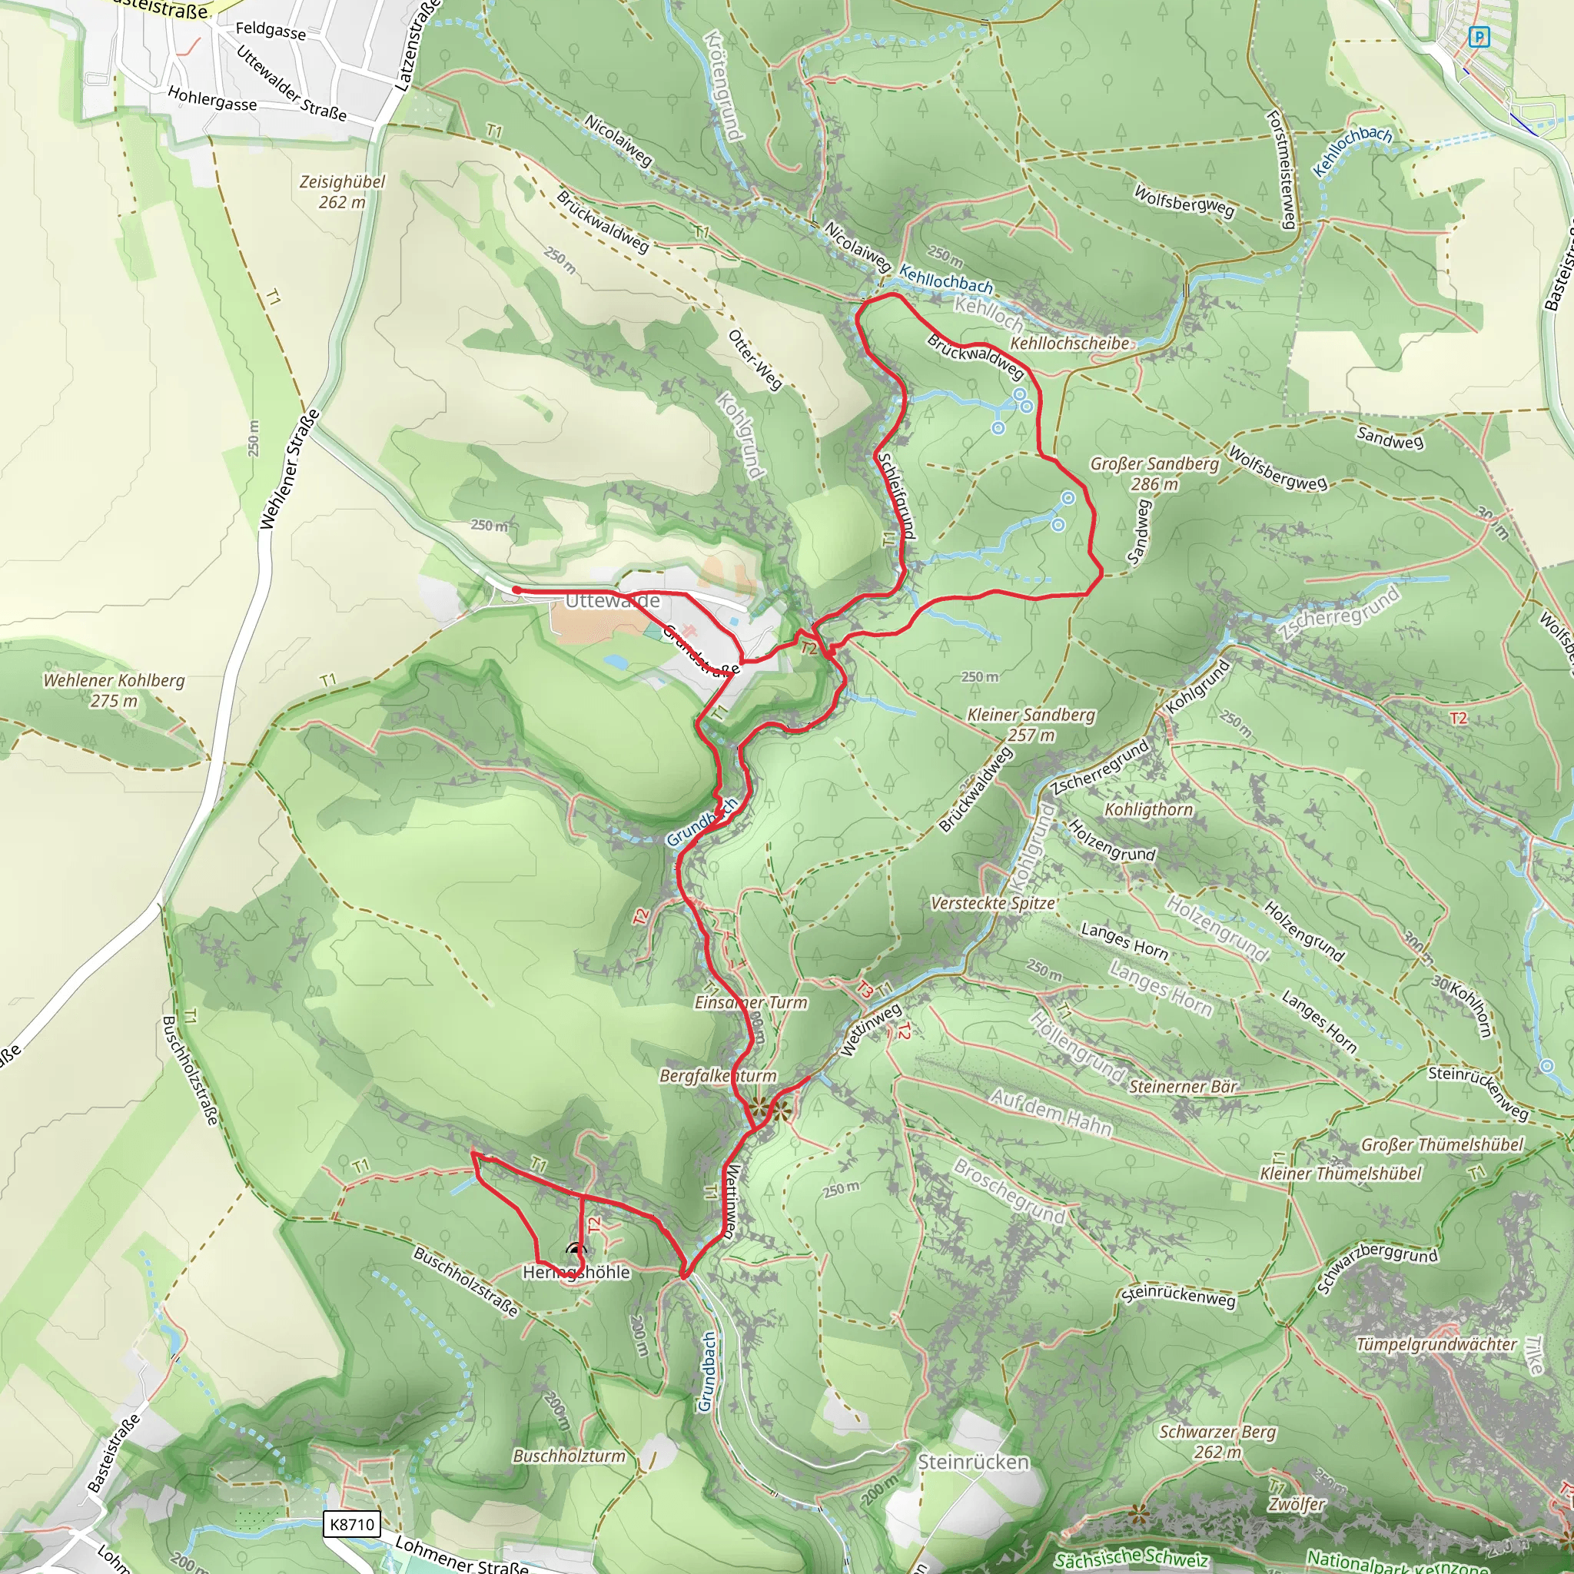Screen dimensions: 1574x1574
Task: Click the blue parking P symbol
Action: pos(1479,37)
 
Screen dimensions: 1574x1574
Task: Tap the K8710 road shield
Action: pos(352,1524)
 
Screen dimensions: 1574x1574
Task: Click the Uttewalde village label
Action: pos(612,601)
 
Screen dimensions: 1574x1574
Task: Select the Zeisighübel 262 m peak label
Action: pos(342,191)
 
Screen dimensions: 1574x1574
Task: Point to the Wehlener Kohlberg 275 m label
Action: pos(114,690)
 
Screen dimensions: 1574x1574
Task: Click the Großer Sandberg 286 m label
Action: pos(1154,473)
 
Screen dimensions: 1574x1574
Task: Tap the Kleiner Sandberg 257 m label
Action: pos(1031,724)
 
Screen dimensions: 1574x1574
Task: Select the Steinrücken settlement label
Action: pos(974,1462)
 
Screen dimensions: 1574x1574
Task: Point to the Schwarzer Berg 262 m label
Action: pos(1217,1441)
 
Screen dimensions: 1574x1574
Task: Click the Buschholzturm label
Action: pos(569,1456)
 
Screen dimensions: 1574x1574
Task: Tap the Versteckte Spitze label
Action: pos(993,903)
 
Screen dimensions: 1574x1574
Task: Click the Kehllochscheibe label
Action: pos(1070,343)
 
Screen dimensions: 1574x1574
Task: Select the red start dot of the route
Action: pos(516,589)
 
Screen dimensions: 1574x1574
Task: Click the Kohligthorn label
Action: pos(1148,810)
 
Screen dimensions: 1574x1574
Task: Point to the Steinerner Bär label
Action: pos(1183,1086)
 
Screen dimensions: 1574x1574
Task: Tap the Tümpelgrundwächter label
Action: pos(1436,1344)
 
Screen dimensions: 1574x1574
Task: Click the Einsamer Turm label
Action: pos(750,1003)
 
